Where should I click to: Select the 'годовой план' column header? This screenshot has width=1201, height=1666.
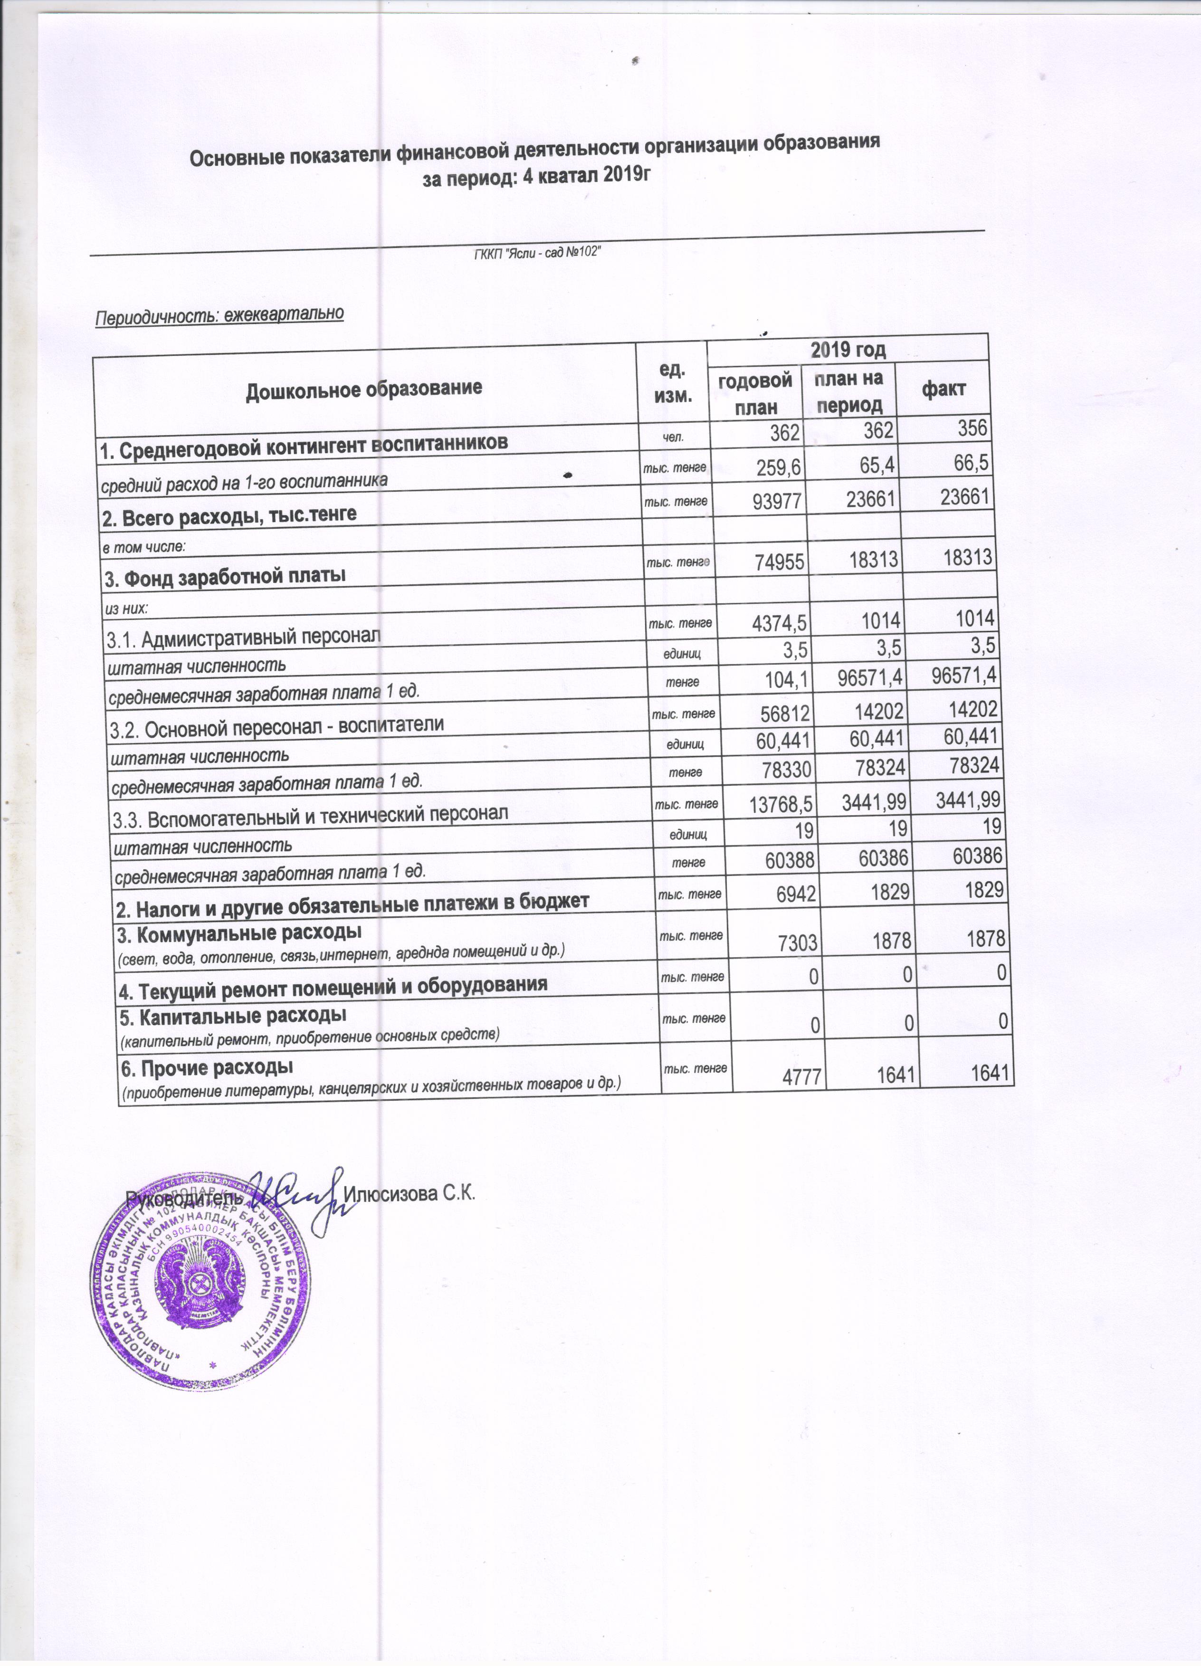[x=755, y=394]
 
